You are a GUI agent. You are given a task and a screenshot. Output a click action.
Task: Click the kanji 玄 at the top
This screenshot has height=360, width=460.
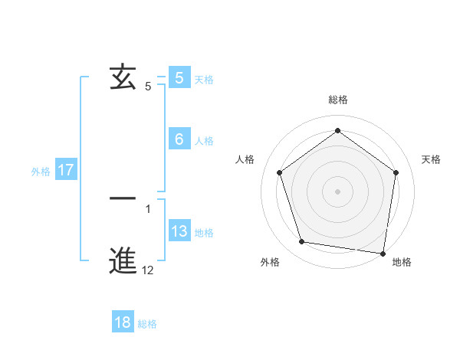click(123, 77)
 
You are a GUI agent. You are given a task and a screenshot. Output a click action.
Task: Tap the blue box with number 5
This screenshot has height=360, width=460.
click(179, 78)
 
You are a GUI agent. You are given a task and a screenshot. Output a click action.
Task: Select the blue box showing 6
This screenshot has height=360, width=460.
click(179, 139)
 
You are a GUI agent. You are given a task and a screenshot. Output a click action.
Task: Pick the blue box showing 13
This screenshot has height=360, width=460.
click(179, 231)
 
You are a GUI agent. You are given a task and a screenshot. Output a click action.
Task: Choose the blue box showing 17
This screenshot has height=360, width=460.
click(66, 170)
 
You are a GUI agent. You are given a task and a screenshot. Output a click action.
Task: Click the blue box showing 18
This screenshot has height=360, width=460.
click(123, 322)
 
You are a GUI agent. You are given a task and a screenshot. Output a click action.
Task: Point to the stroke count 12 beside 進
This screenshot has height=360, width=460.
click(148, 270)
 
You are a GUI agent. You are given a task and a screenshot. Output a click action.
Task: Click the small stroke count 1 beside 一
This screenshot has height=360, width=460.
click(148, 208)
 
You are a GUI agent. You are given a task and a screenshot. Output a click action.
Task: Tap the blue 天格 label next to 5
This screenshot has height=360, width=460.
click(204, 80)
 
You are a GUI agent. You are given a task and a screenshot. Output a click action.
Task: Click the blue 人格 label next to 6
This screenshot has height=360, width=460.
click(204, 141)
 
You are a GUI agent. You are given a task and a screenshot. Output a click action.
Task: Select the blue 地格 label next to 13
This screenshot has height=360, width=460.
click(204, 233)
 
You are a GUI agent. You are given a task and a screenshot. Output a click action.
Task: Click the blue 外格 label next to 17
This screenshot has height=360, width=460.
click(41, 172)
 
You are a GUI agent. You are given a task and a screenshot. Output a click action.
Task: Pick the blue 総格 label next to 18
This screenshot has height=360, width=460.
click(147, 324)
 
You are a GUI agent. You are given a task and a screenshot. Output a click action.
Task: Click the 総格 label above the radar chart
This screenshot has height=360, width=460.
click(337, 100)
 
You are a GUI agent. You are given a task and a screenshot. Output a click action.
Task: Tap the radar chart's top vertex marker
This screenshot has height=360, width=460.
click(337, 130)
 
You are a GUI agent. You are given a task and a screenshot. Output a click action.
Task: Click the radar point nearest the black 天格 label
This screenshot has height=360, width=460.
click(396, 172)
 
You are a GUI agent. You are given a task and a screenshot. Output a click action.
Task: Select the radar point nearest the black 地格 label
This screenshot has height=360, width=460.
click(383, 253)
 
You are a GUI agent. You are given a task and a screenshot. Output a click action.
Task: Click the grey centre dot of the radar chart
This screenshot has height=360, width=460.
click(337, 191)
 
